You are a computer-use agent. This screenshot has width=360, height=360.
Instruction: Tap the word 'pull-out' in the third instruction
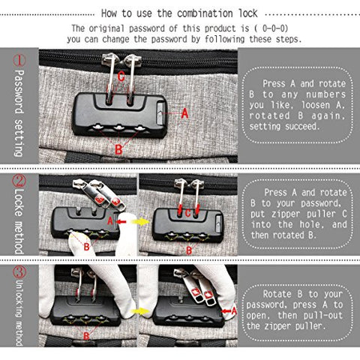pyautogui.click(x=294, y=316)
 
